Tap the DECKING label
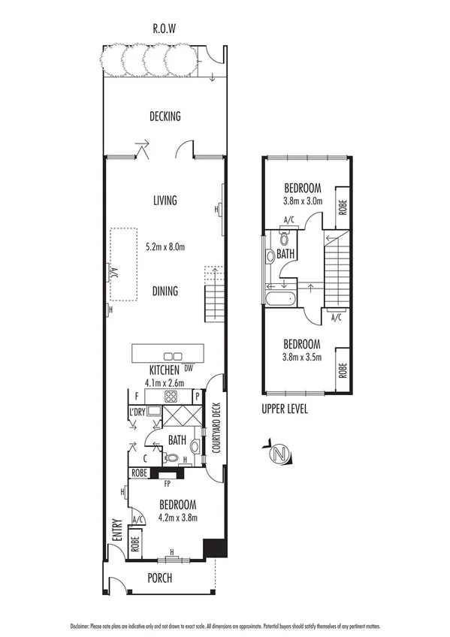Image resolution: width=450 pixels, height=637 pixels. [x=165, y=116]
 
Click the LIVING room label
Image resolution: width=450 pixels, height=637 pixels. [x=165, y=201]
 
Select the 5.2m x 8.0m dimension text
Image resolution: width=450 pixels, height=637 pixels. [x=165, y=246]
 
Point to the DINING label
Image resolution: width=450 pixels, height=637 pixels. [x=165, y=291]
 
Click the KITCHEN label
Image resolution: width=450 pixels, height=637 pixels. [x=164, y=370]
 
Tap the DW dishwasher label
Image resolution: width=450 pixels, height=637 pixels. [x=189, y=369]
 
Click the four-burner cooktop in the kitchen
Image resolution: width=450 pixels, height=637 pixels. [x=171, y=397]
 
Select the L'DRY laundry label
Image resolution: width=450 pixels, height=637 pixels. [x=137, y=412]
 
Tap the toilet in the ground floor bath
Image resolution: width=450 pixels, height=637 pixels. [x=171, y=457]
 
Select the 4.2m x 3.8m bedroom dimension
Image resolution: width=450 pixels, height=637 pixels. [x=177, y=518]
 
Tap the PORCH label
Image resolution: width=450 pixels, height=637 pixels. [x=159, y=578]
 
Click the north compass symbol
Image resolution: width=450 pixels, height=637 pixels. [x=279, y=454]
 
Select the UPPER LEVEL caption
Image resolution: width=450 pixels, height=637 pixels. [x=285, y=411]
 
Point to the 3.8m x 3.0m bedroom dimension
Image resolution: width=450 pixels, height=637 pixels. [x=303, y=201]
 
